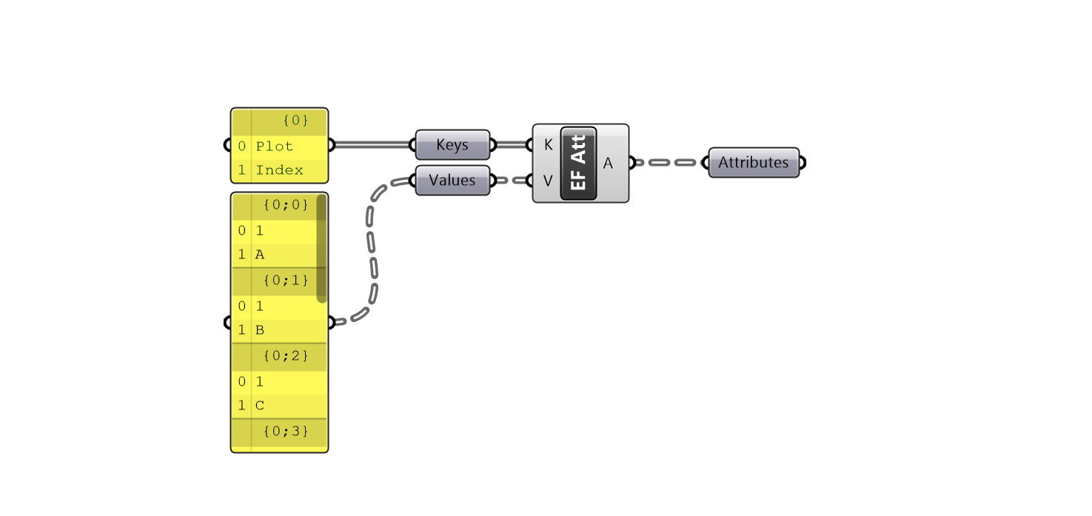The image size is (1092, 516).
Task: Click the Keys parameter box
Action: click(x=452, y=145)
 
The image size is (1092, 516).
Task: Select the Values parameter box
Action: click(x=452, y=181)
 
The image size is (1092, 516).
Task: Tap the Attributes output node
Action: click(x=754, y=163)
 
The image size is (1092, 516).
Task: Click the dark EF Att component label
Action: click(x=578, y=164)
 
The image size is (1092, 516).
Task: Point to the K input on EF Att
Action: click(x=548, y=145)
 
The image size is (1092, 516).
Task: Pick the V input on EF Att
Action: click(x=548, y=181)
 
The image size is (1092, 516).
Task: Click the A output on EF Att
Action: click(x=608, y=164)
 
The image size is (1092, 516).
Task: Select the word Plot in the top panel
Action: click(x=275, y=147)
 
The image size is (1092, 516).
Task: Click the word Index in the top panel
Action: click(x=279, y=170)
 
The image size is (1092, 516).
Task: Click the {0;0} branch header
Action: click(x=285, y=205)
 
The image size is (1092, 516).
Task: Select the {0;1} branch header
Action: click(x=285, y=281)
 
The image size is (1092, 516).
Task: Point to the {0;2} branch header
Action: click(x=285, y=356)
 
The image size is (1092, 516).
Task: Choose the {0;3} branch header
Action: click(x=285, y=430)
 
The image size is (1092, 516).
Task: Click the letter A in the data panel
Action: click(x=260, y=255)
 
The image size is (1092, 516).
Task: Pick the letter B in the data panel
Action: click(x=260, y=330)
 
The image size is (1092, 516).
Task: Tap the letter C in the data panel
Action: click(x=260, y=406)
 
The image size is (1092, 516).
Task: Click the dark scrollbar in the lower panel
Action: click(x=321, y=248)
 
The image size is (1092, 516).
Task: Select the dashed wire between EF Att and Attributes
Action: click(x=670, y=162)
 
